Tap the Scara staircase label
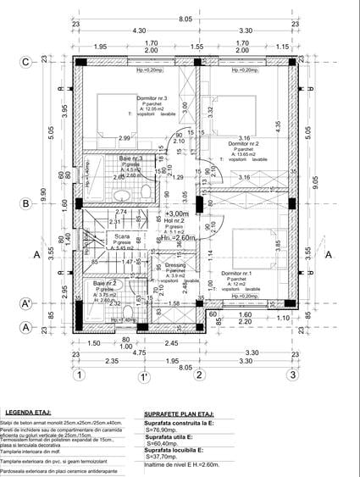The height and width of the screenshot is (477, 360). tap(103, 236)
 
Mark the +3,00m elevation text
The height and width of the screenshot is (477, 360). tap(177, 214)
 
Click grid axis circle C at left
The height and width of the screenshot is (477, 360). tap(26, 61)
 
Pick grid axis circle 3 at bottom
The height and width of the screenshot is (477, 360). tap(291, 374)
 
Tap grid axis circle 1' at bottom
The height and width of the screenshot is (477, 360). tap(146, 374)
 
